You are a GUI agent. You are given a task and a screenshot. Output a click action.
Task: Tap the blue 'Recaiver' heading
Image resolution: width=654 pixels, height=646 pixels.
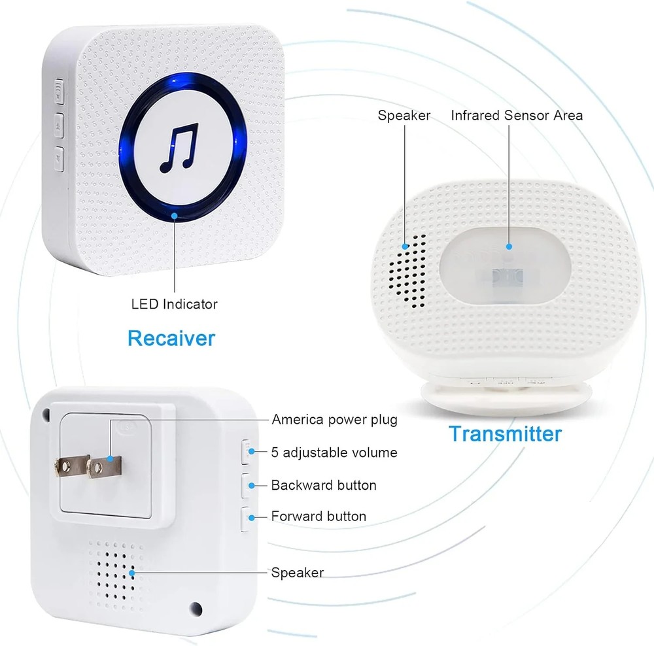(171, 338)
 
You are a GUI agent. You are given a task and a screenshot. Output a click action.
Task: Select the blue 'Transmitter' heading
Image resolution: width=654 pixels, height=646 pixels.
(505, 433)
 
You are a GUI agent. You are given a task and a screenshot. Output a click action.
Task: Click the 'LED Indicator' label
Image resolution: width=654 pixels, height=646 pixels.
(174, 304)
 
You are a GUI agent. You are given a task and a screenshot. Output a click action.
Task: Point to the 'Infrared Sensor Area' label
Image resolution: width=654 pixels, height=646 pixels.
(517, 116)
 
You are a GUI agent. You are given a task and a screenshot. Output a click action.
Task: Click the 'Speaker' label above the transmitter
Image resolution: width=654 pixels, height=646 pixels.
(404, 116)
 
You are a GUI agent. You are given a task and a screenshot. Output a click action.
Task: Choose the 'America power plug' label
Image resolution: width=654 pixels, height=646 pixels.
(334, 419)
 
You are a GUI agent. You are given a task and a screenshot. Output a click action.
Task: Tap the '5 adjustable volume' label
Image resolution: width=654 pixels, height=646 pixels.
(334, 452)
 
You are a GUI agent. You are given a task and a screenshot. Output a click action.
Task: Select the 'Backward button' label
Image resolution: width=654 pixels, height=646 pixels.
(324, 485)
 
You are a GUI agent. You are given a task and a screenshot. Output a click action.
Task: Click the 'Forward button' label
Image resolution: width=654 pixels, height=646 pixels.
(318, 516)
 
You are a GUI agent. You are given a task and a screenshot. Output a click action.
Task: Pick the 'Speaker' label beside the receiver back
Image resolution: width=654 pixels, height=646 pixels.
(297, 572)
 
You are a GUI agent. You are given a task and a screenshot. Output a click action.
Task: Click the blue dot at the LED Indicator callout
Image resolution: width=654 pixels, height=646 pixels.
(174, 214)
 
